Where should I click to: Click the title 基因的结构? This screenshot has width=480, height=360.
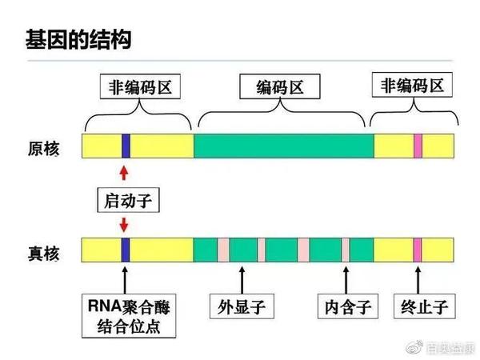point(78,38)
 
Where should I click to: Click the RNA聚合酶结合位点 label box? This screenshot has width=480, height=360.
point(130,314)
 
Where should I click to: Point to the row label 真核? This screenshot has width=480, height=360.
point(42,251)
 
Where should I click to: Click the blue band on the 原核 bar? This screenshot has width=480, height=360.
point(126,146)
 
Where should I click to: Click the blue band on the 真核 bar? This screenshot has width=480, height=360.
point(126,250)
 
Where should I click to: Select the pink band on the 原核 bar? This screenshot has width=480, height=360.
point(418,146)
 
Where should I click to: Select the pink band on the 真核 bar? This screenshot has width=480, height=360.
point(418,250)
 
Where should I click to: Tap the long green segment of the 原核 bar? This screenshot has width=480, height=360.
point(283,146)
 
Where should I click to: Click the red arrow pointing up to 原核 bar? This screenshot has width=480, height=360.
point(123,173)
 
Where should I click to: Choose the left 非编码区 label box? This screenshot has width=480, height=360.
point(141,86)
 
